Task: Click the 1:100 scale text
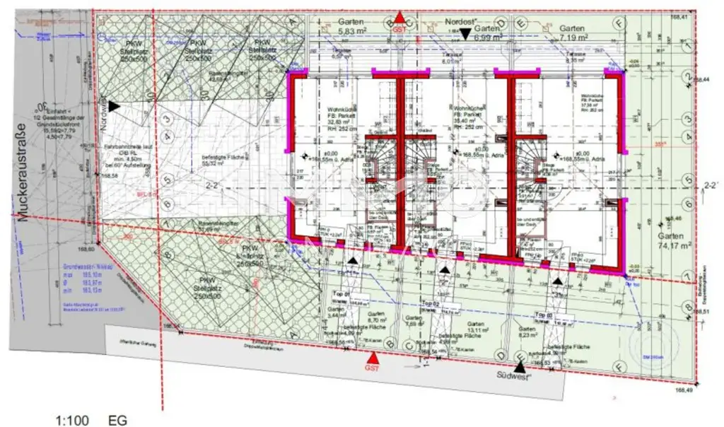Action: (x=72, y=420)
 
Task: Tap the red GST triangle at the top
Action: (x=400, y=18)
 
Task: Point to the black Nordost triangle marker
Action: (x=465, y=33)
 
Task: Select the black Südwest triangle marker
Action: (x=520, y=366)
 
